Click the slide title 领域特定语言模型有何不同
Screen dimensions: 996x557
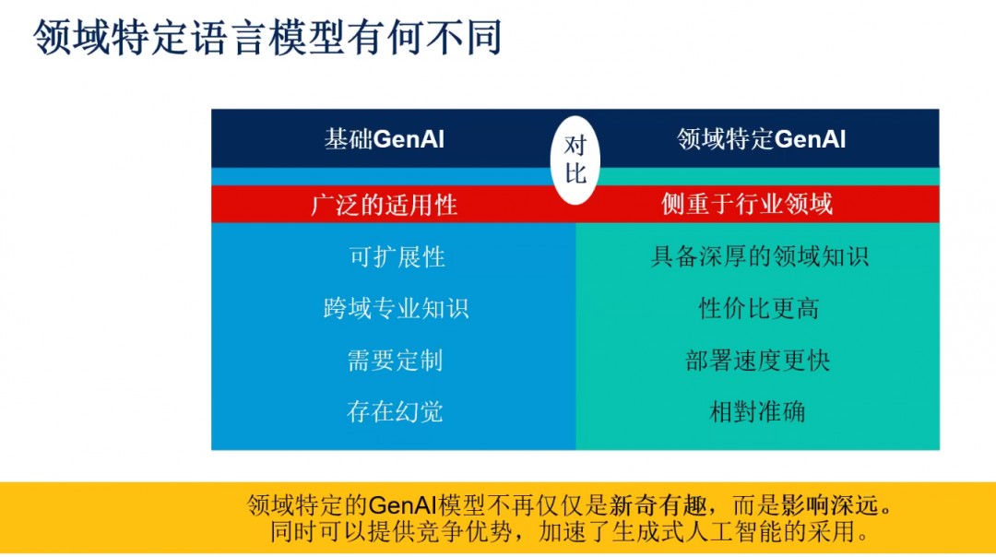point(268,37)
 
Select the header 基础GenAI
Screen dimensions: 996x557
point(385,139)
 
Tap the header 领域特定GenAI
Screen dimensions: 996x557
point(761,139)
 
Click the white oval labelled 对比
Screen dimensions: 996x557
point(575,160)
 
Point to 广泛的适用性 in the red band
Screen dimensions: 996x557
point(385,205)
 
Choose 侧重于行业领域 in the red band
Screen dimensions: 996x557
point(747,204)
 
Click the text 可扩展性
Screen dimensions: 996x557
point(397,256)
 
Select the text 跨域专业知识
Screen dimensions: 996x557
point(396,308)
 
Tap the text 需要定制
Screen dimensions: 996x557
point(395,360)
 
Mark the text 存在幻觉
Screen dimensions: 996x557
point(395,411)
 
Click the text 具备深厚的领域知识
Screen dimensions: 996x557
point(760,256)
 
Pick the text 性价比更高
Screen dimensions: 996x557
point(759,308)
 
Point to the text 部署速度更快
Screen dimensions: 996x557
point(758,360)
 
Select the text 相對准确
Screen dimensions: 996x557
point(757,411)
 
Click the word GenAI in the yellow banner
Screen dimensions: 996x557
point(402,505)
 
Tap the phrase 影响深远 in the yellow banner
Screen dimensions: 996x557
point(830,505)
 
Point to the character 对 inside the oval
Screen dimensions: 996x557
point(575,146)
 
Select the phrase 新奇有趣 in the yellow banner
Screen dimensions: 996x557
point(658,505)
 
